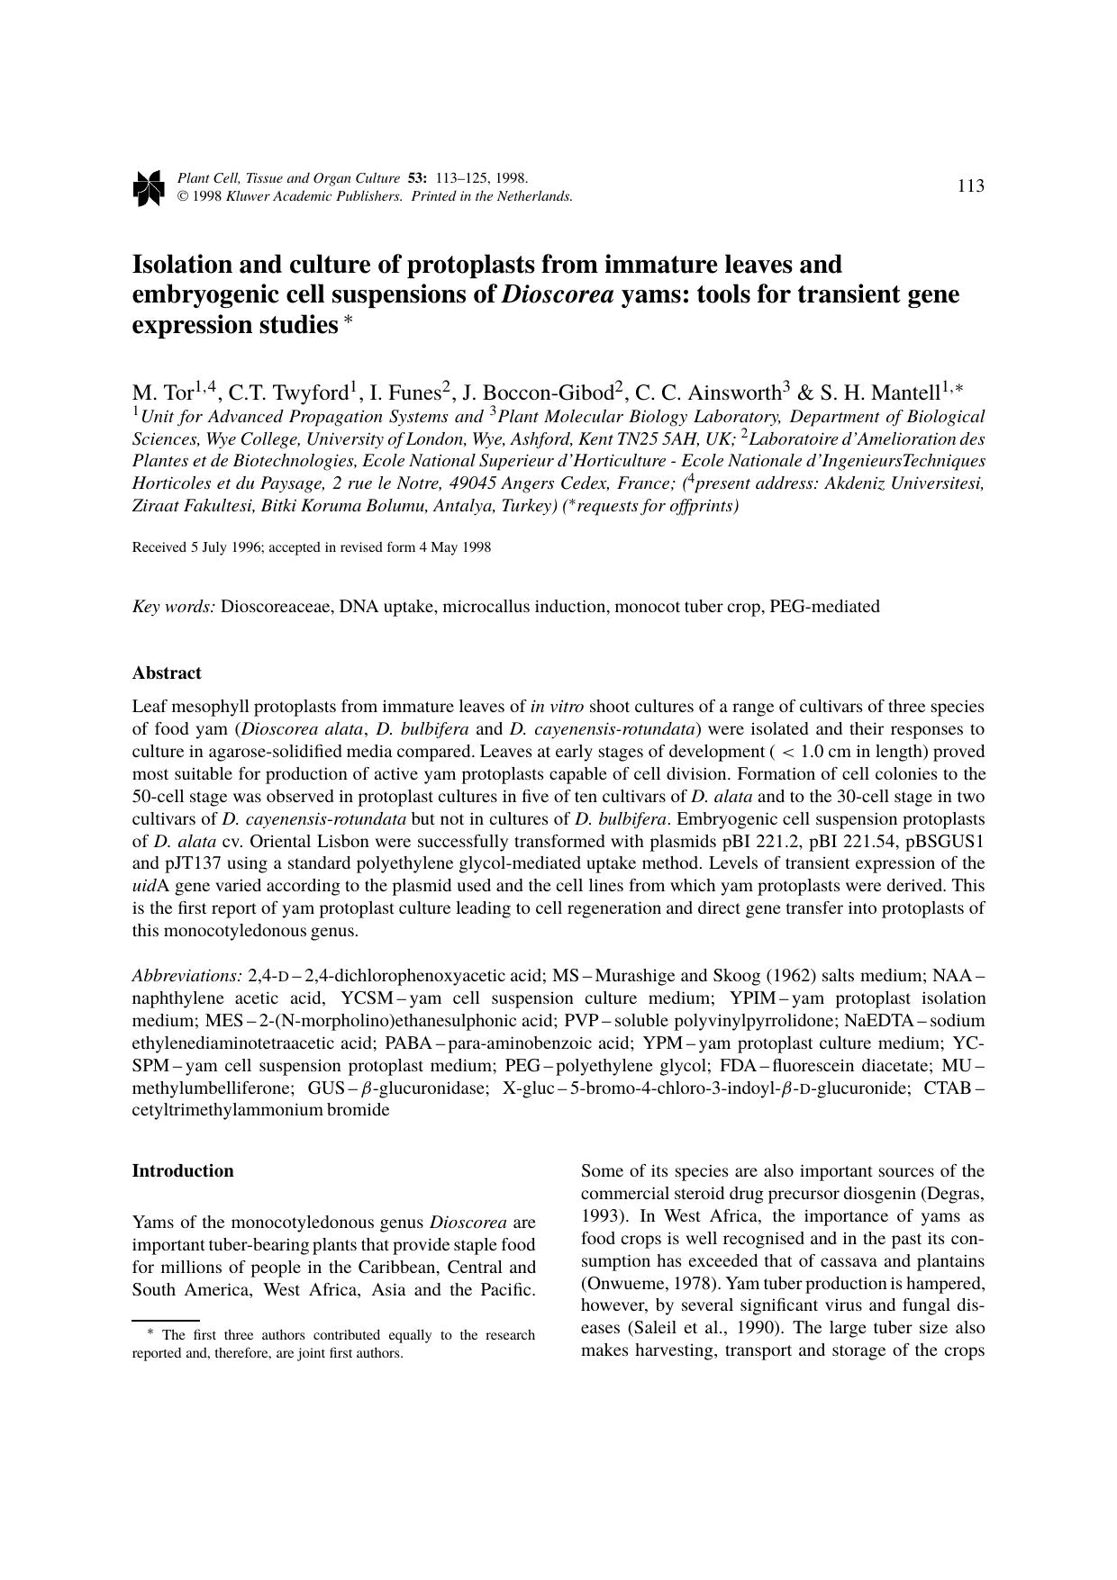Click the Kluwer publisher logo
point(148,187)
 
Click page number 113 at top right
point(970,186)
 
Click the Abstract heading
point(167,673)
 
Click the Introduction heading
point(183,1171)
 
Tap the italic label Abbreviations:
point(187,976)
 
